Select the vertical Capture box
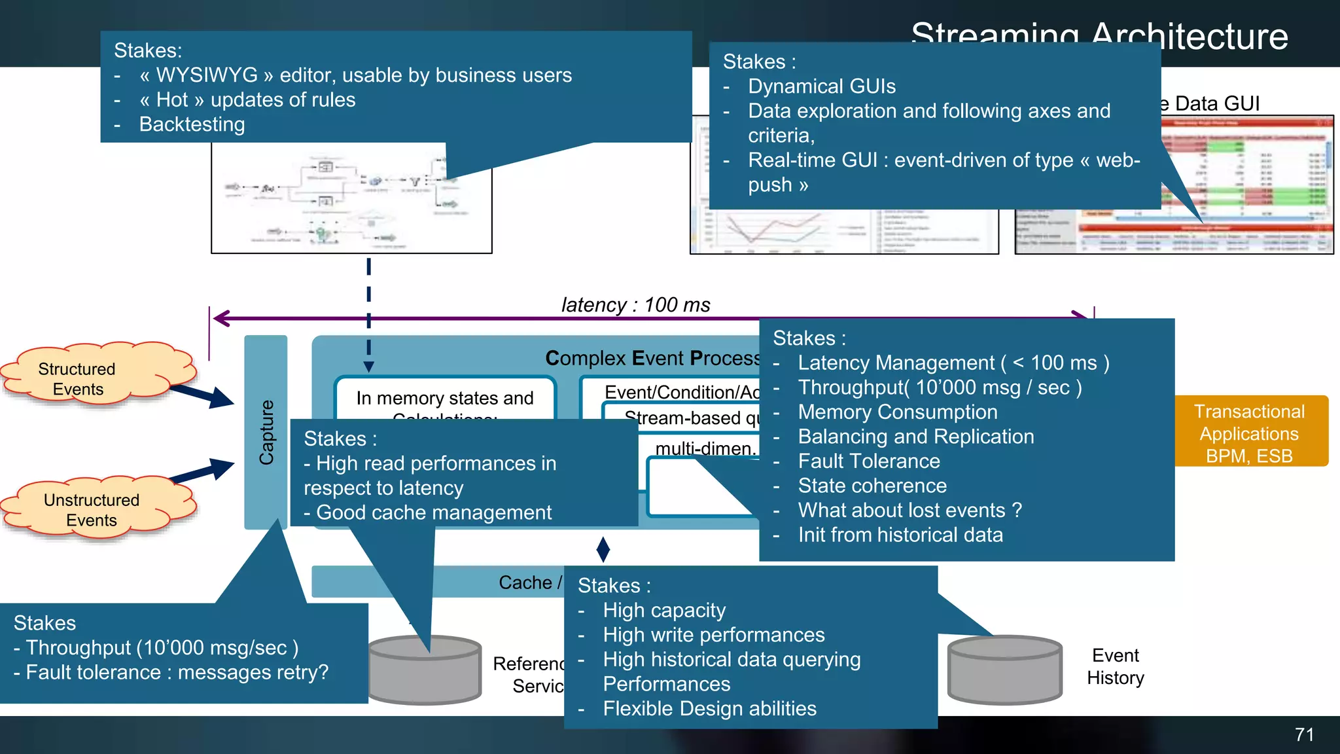pos(266,432)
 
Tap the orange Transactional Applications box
pos(1250,432)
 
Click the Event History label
pos(1115,666)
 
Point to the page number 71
pos(1303,735)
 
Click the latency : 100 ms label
pos(635,305)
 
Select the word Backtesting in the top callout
pos(192,124)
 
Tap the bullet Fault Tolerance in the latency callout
pos(868,461)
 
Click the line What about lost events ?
pos(909,511)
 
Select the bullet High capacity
pos(664,611)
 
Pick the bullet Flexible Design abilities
pos(709,709)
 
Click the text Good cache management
pos(433,512)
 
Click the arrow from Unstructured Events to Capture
pos(202,472)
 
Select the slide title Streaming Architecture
pos(1099,35)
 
